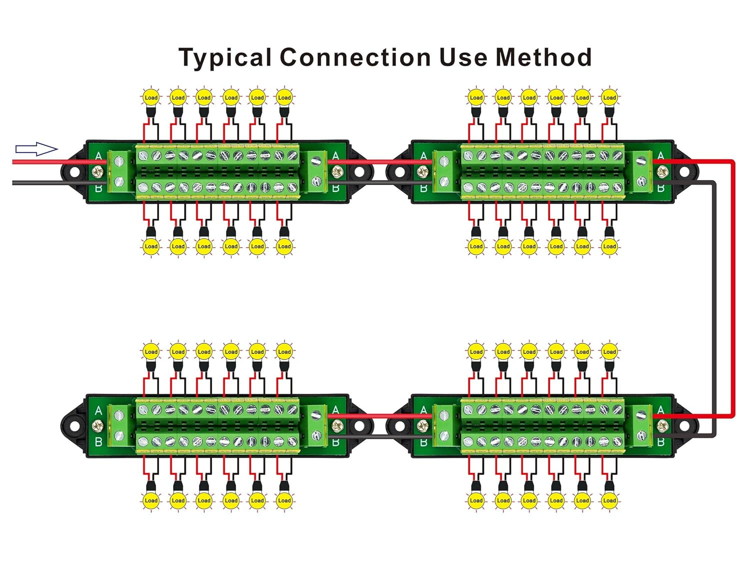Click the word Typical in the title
pos(225,58)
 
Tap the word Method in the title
pos(543,57)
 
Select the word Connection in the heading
pos(355,57)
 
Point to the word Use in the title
pos(463,57)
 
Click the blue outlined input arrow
pos(36,149)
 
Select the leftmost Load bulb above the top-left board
pos(151,97)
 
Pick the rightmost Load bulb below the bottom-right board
pos(609,501)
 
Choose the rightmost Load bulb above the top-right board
pos(609,97)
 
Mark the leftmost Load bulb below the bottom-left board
pos(151,501)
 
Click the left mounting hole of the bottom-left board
pos(74,426)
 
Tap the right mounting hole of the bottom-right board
pos(684,426)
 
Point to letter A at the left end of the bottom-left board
pos(98,411)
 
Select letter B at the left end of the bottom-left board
pos(98,442)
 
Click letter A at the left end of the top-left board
pos(98,156)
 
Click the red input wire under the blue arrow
pos(60,162)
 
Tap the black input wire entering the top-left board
pos(60,183)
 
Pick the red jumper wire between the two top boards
pos(380,162)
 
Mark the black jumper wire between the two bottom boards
pos(380,437)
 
